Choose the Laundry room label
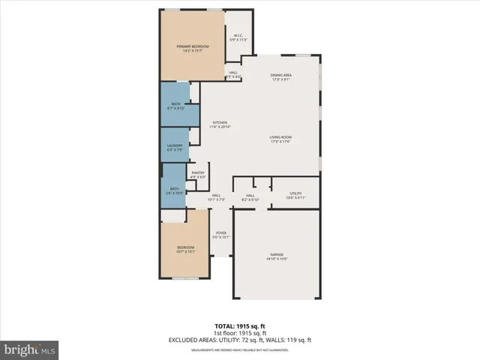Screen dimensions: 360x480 175,147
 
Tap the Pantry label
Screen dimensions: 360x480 198,175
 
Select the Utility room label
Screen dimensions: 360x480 295,196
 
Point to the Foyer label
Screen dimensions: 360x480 221,235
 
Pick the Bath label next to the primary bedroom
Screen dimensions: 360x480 175,106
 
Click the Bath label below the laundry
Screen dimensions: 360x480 174,190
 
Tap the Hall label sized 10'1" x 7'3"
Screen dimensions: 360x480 215,197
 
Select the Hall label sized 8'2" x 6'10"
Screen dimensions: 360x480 250,198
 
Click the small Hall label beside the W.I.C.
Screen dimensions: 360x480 233,74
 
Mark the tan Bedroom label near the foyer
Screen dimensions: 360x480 185,250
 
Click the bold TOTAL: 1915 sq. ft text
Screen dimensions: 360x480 240,326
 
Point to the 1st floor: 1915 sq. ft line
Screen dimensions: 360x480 240,333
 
